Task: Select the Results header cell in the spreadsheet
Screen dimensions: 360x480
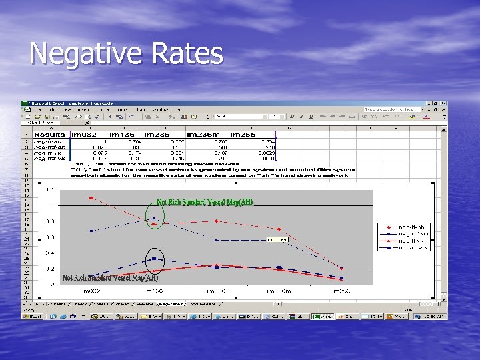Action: pos(49,134)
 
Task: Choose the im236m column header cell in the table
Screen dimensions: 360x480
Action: pos(203,134)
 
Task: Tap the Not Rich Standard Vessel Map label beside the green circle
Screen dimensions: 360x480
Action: pos(205,202)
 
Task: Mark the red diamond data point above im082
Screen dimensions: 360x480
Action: pos(91,197)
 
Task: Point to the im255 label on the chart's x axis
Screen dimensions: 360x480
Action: pos(341,291)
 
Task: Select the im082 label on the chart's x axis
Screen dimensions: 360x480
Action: pos(91,291)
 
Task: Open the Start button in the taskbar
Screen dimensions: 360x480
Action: pos(31,316)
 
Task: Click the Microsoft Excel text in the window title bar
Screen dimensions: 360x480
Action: pos(47,104)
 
